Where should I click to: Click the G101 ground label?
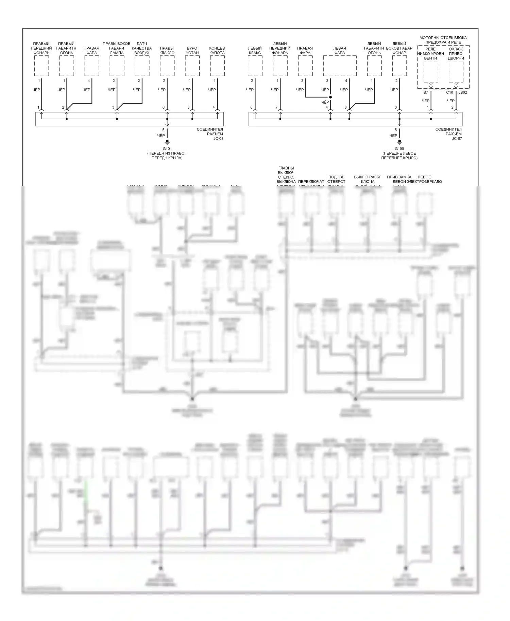pos(167,148)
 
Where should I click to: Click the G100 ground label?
pos(399,148)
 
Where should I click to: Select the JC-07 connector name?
pos(457,139)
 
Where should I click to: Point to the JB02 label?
pos(463,92)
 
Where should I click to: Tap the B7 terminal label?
pos(426,92)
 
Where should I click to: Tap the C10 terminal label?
pos(449,92)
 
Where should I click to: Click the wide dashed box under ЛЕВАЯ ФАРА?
pos(340,66)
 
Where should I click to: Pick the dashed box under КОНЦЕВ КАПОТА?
pos(217,66)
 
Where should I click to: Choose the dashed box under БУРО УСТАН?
pos(192,66)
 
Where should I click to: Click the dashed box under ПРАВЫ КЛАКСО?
pos(167,66)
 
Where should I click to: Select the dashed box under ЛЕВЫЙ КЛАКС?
pos(255,66)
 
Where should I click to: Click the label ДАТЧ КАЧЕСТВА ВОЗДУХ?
pos(142,48)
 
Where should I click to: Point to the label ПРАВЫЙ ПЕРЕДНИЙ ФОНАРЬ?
pos(41,48)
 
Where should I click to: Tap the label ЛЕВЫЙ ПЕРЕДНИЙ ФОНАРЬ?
pos(280,48)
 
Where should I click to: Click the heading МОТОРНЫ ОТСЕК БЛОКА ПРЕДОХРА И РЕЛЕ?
pos(443,40)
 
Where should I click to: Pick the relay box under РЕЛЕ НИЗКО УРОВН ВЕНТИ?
pos(431,72)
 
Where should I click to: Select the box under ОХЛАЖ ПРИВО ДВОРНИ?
pos(456,72)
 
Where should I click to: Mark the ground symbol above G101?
pos(167,142)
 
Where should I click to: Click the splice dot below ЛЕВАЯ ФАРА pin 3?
pos(330,97)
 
